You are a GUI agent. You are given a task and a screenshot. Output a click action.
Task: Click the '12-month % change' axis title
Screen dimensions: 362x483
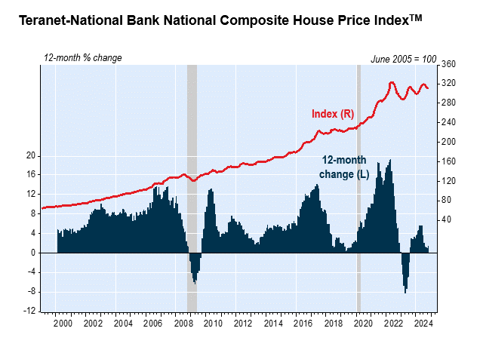(x=82, y=58)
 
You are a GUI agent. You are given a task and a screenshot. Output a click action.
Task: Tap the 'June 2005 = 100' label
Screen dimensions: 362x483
(x=404, y=59)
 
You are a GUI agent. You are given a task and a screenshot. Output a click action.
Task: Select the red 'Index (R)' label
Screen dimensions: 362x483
(x=333, y=114)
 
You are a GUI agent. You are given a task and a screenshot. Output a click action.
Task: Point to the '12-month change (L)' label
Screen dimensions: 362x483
(x=343, y=167)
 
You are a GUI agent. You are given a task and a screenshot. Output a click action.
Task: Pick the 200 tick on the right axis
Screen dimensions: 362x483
(x=448, y=142)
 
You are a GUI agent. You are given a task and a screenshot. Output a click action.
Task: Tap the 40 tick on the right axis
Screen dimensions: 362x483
(x=446, y=219)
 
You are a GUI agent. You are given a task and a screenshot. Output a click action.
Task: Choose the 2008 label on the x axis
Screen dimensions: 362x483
(x=183, y=323)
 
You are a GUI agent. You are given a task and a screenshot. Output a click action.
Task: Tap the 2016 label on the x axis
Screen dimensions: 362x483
(x=303, y=323)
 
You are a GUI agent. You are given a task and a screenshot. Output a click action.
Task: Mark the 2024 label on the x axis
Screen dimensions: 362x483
(x=423, y=323)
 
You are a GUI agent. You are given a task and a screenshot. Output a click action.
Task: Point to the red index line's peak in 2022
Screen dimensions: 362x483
(x=392, y=82)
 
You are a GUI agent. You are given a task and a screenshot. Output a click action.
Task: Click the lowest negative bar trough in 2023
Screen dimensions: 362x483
(x=405, y=292)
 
